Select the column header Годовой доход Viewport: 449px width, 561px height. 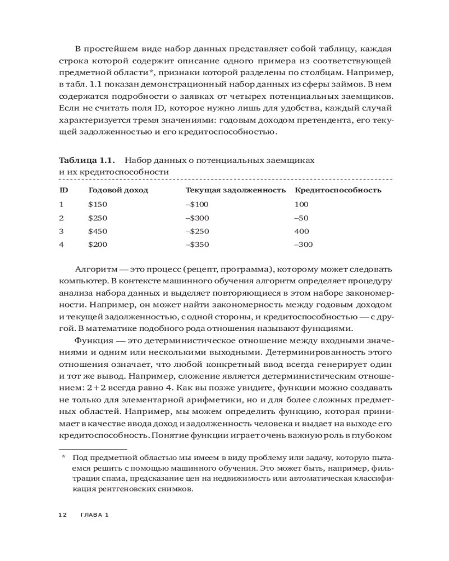[x=118, y=190]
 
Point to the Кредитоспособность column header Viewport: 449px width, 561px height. [x=338, y=190]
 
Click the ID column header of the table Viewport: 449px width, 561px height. [x=63, y=190]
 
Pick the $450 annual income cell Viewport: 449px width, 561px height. [x=98, y=231]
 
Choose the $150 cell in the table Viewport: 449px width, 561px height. [x=98, y=204]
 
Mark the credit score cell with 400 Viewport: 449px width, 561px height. [x=301, y=231]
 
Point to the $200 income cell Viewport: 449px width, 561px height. [x=98, y=244]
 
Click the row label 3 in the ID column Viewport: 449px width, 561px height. [x=62, y=231]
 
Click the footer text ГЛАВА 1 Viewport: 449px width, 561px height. [x=94, y=514]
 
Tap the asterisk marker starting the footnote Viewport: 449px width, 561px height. [x=63, y=457]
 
